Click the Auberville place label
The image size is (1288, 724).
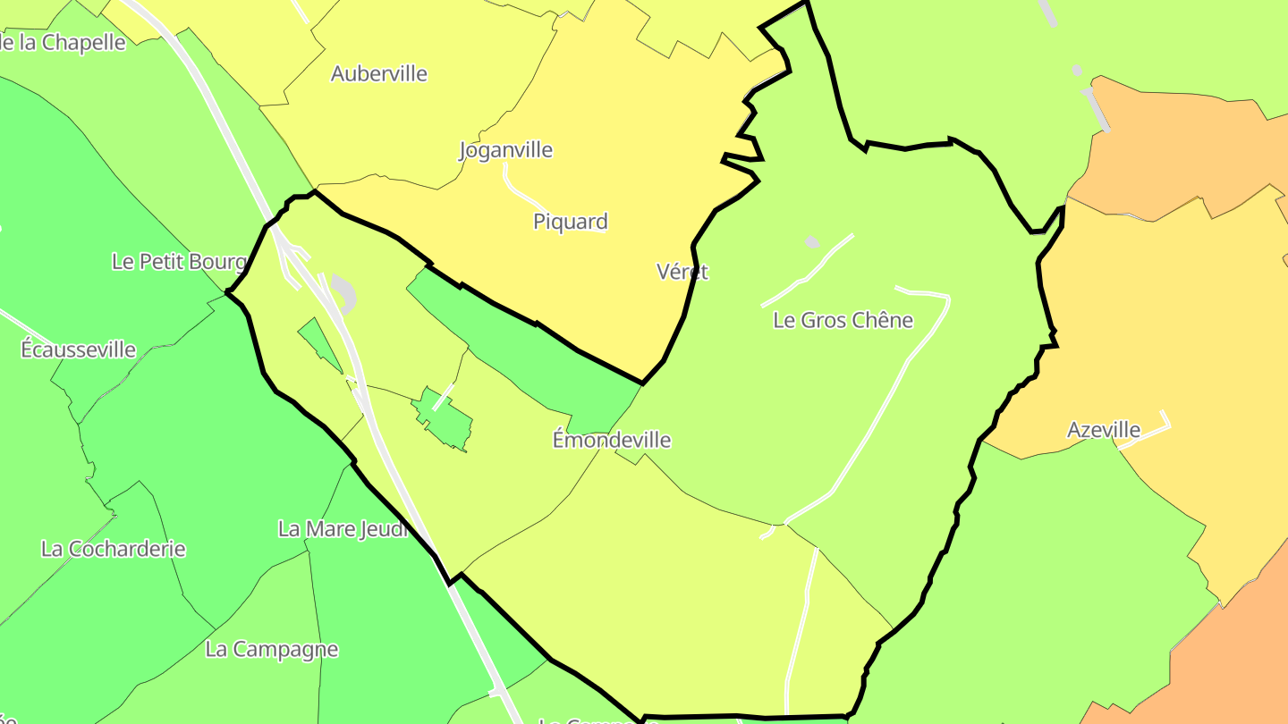[379, 73]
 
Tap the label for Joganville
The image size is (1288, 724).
[506, 149]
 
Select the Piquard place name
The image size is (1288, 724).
[571, 222]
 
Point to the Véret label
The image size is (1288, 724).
[682, 272]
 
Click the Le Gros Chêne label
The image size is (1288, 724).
[843, 320]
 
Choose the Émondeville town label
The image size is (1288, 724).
[612, 440]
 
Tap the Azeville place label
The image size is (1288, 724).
[1104, 430]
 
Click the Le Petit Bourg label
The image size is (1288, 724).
[179, 261]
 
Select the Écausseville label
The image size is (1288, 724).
[79, 349]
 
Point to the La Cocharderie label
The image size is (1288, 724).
[114, 548]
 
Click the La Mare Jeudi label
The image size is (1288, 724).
[343, 528]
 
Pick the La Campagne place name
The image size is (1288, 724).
[272, 649]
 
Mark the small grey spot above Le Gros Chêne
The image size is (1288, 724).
[812, 241]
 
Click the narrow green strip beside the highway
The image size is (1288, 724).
[318, 345]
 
